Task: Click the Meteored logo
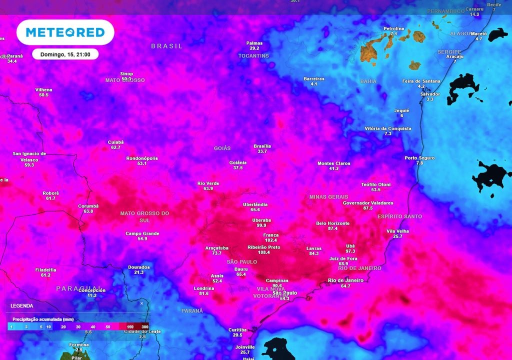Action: point(65,32)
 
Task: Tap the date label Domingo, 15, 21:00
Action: point(65,54)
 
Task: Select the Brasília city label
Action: point(262,146)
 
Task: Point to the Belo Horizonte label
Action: point(333,223)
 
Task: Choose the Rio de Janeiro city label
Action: point(345,280)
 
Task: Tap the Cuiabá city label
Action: point(115,142)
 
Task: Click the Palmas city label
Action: point(254,43)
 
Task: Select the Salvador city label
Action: point(430,94)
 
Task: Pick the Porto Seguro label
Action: point(419,158)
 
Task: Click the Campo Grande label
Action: point(142,233)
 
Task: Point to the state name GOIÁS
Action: point(222,148)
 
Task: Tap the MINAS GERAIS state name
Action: point(328,197)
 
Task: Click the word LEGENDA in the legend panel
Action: point(21,305)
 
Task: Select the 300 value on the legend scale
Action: point(144,326)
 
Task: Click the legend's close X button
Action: point(141,303)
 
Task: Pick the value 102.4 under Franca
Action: point(271,240)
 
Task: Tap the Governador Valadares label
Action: point(368,203)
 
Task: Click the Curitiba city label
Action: point(237,330)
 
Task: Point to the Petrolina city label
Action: point(393,28)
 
